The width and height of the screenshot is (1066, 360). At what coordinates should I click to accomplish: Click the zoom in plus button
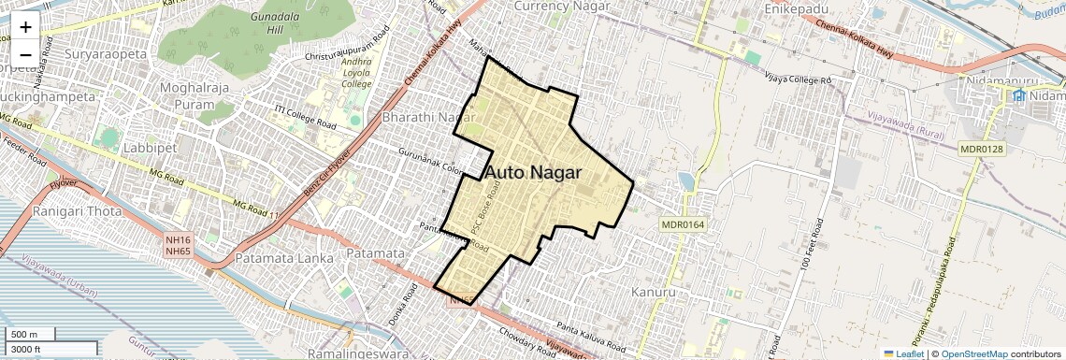tap(25, 26)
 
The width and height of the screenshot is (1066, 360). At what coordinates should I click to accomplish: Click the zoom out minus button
tap(25, 54)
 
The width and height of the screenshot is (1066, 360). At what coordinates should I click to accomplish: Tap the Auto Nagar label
tap(533, 172)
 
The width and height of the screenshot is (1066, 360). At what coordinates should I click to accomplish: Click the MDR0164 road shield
tap(682, 224)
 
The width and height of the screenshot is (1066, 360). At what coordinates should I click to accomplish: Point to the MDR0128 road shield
tap(981, 149)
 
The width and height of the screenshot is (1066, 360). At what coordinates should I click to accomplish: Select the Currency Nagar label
tap(555, 7)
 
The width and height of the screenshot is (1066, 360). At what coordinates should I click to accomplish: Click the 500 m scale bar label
tap(24, 335)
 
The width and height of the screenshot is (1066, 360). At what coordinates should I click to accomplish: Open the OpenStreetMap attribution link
tap(973, 354)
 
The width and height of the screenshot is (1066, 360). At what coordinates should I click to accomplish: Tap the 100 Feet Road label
tap(811, 246)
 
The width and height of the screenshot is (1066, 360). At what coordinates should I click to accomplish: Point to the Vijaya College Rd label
tap(798, 79)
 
